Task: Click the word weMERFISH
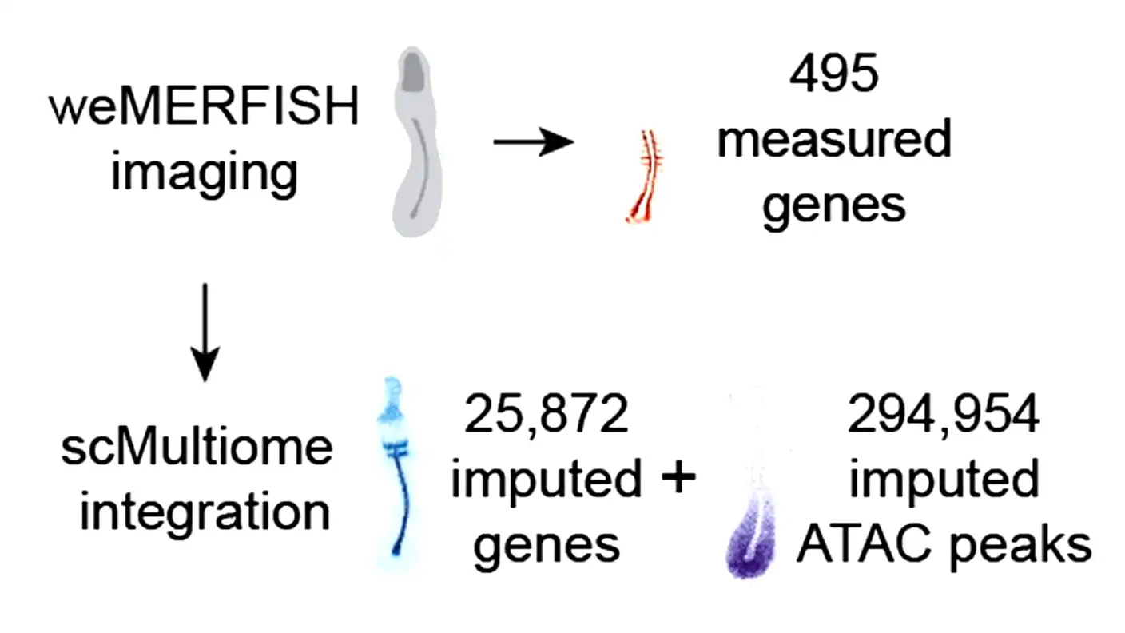click(204, 109)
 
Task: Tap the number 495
click(833, 76)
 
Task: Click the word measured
click(833, 140)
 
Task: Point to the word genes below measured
click(833, 206)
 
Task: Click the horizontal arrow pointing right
click(534, 143)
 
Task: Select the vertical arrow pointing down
click(205, 332)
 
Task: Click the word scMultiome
click(197, 448)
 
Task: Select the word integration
click(205, 512)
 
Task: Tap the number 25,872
click(547, 416)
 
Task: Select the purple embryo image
click(747, 543)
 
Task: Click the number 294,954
click(944, 416)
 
